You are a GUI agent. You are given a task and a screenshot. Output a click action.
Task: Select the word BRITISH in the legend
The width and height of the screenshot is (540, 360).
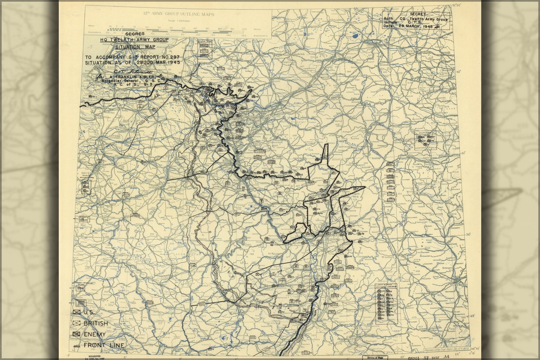tap(95, 323)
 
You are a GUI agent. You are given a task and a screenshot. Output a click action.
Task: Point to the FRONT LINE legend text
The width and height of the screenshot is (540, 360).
tap(104, 345)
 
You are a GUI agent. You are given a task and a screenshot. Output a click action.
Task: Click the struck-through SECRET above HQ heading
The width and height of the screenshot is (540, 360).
tap(135, 34)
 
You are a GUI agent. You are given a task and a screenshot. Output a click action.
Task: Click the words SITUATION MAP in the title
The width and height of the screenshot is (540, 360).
tap(135, 47)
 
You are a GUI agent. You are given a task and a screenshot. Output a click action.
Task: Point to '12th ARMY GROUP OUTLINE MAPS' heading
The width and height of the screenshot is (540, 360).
tap(178, 14)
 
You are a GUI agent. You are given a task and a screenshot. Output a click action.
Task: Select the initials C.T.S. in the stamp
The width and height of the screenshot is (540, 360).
tap(416, 23)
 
